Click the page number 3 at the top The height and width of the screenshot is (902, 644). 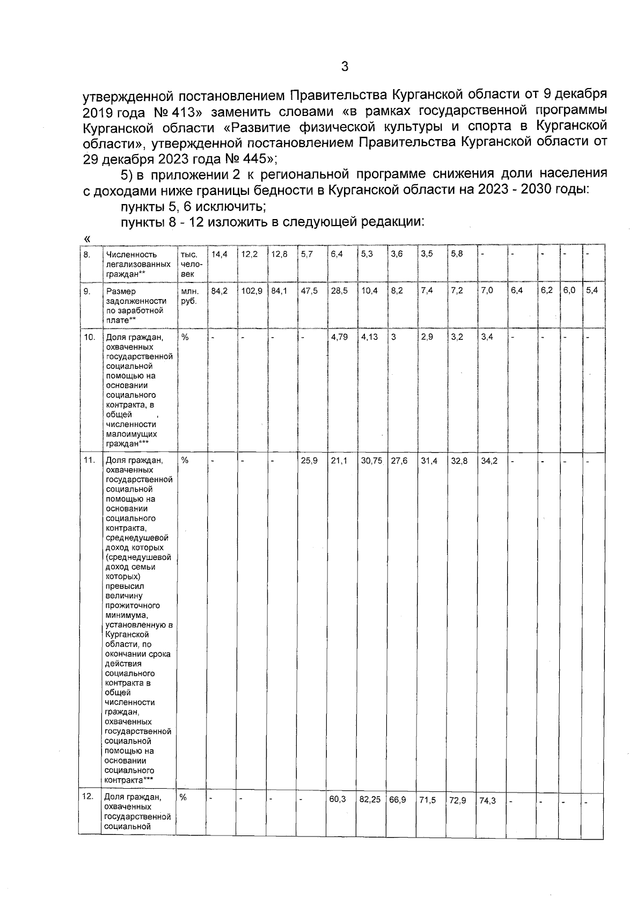click(345, 67)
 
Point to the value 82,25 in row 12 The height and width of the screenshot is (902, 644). click(370, 799)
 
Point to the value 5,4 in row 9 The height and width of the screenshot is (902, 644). click(592, 291)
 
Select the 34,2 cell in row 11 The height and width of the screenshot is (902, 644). click(488, 461)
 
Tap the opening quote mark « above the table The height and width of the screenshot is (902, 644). click(87, 238)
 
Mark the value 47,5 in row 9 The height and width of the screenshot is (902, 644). click(309, 291)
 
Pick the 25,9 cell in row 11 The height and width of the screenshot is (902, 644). click(309, 461)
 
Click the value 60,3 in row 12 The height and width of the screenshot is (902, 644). click(339, 799)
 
